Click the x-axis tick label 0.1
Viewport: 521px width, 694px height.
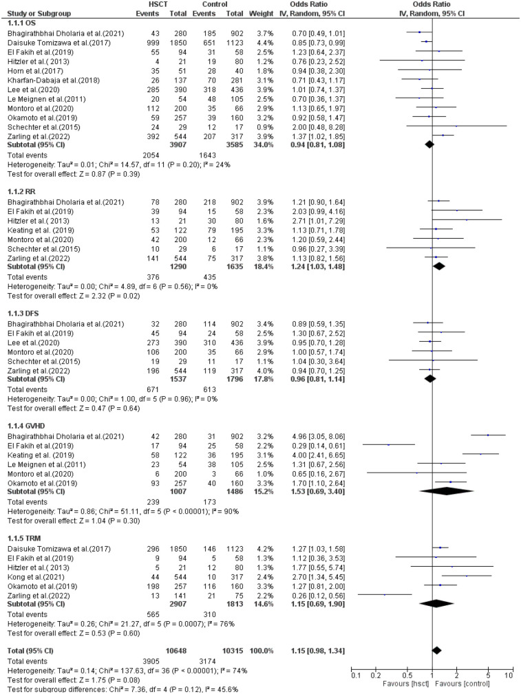pos(356,677)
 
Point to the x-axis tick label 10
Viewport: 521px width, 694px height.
pos(508,677)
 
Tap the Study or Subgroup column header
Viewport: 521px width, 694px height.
pos(33,14)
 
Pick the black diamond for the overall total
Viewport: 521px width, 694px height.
pos(436,631)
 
